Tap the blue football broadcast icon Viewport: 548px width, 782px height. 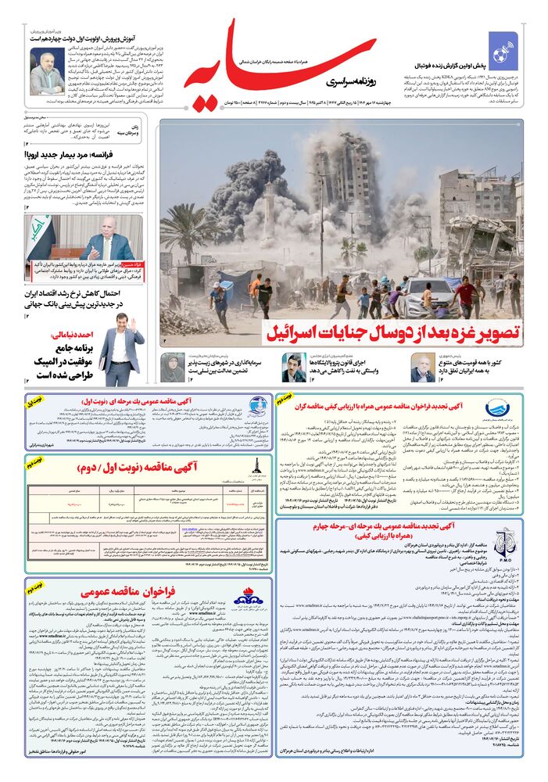[x=503, y=46]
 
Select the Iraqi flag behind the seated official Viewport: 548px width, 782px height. [x=41, y=235]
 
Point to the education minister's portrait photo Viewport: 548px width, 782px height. [x=47, y=72]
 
